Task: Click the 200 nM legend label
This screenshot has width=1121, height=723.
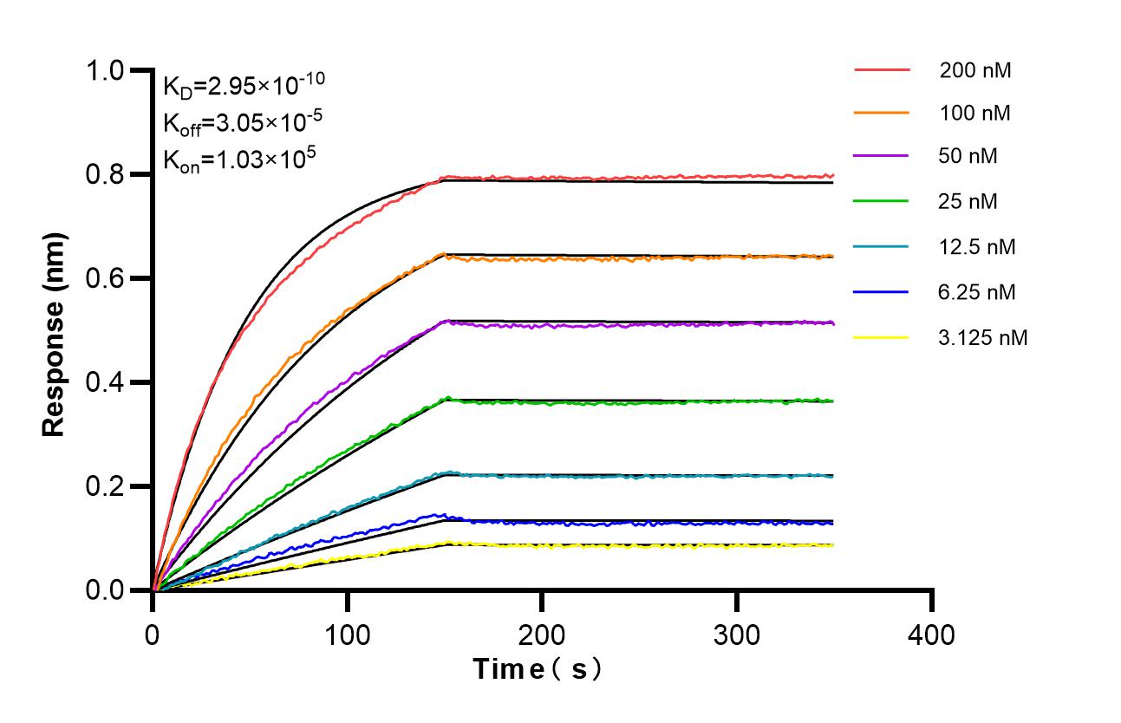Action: point(975,70)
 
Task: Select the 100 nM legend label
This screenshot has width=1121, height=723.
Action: point(975,113)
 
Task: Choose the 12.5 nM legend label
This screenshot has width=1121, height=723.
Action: point(977,247)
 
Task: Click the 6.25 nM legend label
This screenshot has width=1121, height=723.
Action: point(977,292)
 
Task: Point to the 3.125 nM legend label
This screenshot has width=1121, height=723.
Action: point(983,337)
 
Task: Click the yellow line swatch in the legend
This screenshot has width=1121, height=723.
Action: point(882,337)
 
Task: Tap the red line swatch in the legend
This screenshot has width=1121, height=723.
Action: point(882,68)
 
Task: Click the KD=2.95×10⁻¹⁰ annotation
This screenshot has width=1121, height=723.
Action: point(244,84)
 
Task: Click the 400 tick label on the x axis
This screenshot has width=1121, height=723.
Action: point(931,635)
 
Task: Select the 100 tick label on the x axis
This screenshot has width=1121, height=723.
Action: point(347,635)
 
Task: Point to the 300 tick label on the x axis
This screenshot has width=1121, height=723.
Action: point(736,635)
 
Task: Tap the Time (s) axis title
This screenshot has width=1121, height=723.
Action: point(537,669)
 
